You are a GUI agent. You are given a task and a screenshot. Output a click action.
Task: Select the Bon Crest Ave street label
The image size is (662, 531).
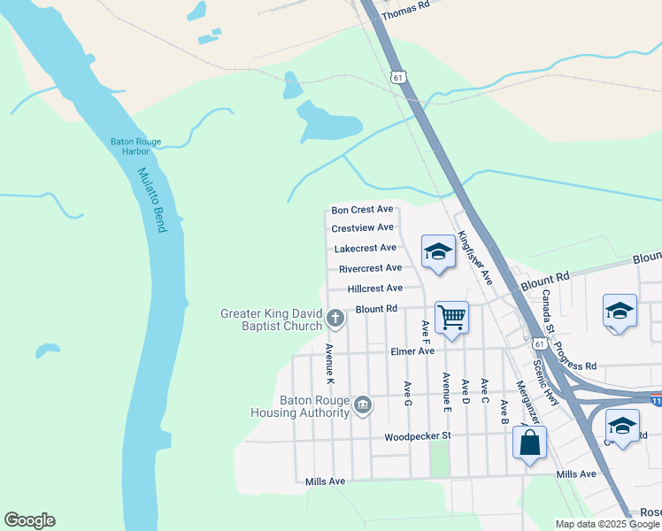(362, 210)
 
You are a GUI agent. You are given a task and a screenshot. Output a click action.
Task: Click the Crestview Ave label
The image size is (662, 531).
(362, 228)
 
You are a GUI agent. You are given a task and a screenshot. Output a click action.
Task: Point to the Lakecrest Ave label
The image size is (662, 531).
(365, 249)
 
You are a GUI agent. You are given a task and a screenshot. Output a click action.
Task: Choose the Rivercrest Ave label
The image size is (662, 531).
(370, 268)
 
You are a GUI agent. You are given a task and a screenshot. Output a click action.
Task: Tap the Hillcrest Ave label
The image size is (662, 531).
(375, 289)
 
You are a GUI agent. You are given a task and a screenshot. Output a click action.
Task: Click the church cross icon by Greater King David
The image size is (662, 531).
(335, 317)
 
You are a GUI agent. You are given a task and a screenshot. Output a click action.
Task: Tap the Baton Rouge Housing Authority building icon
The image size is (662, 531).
(362, 405)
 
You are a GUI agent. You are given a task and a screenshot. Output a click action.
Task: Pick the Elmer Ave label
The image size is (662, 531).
(412, 351)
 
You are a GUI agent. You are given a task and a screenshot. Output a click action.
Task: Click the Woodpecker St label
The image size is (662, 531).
(418, 436)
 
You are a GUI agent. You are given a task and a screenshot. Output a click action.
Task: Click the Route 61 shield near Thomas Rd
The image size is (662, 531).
(399, 77)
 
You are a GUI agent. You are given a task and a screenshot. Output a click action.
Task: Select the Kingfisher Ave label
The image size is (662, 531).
(474, 258)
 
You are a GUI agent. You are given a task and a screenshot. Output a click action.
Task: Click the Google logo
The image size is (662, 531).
(29, 520)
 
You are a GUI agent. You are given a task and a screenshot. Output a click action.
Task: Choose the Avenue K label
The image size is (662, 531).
(329, 364)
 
